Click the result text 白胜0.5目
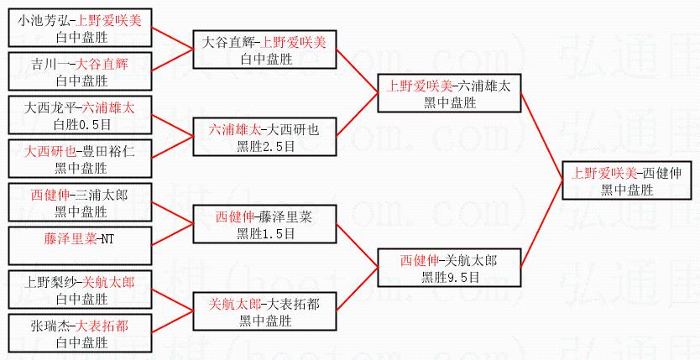coord(81,124)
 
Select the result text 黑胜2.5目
coord(265,146)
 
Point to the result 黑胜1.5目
coord(265,232)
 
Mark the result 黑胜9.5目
coord(450,276)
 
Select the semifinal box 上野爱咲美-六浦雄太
coord(450,93)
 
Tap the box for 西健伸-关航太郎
coord(450,268)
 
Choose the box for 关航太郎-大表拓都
coord(265,311)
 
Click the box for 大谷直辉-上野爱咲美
coord(265,50)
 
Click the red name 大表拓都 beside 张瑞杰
coord(105,326)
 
